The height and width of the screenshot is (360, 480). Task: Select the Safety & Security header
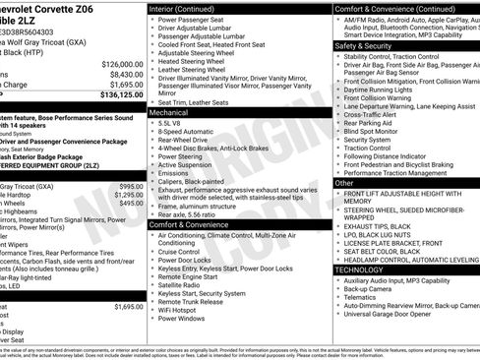pyautogui.click(x=362, y=45)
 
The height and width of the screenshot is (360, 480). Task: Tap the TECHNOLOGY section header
pyautogui.click(x=359, y=269)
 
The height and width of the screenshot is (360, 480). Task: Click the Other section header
pyautogui.click(x=344, y=183)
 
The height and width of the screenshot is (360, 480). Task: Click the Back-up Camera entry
pyautogui.click(x=371, y=289)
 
